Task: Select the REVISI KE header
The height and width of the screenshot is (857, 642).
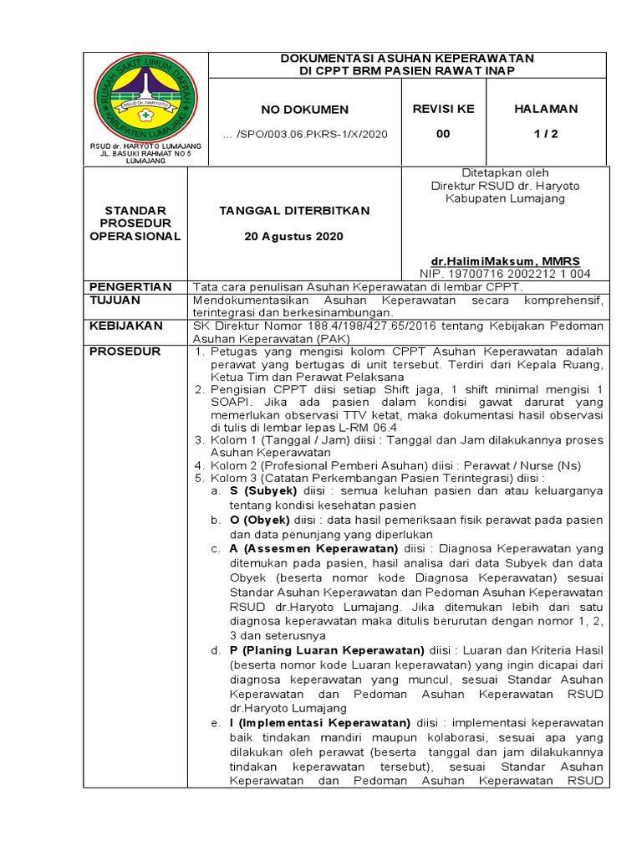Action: point(443,109)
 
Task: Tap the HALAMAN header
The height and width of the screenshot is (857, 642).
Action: point(545,109)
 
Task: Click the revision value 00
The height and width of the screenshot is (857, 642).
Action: point(443,133)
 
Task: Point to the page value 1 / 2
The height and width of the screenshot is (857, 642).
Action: point(545,133)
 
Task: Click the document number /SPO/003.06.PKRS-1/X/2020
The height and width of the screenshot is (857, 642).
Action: point(304,134)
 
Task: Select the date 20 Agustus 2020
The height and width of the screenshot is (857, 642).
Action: point(293,237)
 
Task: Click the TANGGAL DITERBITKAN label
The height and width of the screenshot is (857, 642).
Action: point(293,211)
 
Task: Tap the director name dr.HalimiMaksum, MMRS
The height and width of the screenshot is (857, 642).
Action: point(505,261)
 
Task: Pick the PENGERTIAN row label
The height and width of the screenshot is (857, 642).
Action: point(130,286)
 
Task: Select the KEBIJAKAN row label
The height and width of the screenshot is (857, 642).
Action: point(125,326)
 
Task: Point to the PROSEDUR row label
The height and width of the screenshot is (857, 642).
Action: point(125,352)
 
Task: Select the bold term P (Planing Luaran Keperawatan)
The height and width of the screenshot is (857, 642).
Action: point(328,650)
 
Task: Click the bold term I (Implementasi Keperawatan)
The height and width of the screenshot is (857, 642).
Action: point(320,723)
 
